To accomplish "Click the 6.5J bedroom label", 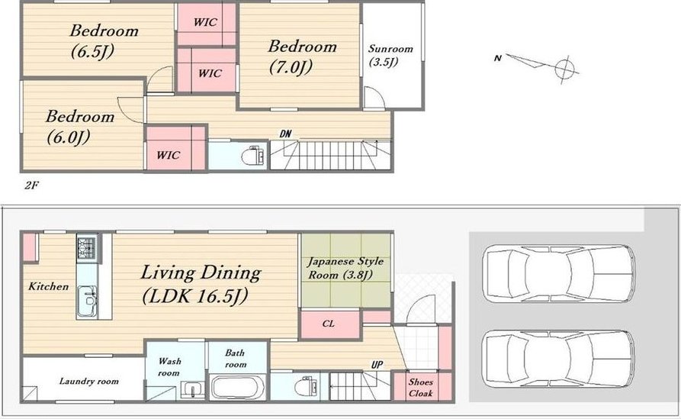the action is pyautogui.click(x=104, y=41).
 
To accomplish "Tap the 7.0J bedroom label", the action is pyautogui.click(x=302, y=56).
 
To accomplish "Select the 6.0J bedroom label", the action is pyautogui.click(x=80, y=127).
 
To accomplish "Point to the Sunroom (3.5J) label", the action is pyautogui.click(x=390, y=55).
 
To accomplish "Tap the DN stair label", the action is pyautogui.click(x=285, y=134).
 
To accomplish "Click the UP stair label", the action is pyautogui.click(x=377, y=364).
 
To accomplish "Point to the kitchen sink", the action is pyautogui.click(x=88, y=301).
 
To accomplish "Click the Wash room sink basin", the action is pyautogui.click(x=192, y=388).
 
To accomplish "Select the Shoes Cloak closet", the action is pyautogui.click(x=421, y=386).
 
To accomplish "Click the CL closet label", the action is pyautogui.click(x=329, y=324).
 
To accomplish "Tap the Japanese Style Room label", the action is pyautogui.click(x=345, y=268).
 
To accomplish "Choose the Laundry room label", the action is pyautogui.click(x=88, y=381).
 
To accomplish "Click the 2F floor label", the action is pyautogui.click(x=32, y=185).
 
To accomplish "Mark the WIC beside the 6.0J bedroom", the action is pyautogui.click(x=168, y=155).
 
